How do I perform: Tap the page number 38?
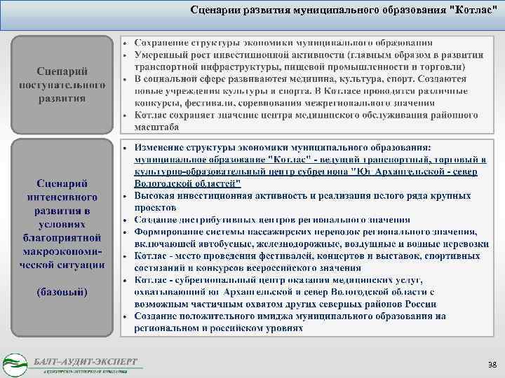click(x=492, y=365)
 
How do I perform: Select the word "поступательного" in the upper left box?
click(x=62, y=85)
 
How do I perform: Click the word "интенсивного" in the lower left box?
click(x=63, y=198)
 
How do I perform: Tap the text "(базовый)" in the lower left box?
click(x=62, y=291)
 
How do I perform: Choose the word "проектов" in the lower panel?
click(x=154, y=208)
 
